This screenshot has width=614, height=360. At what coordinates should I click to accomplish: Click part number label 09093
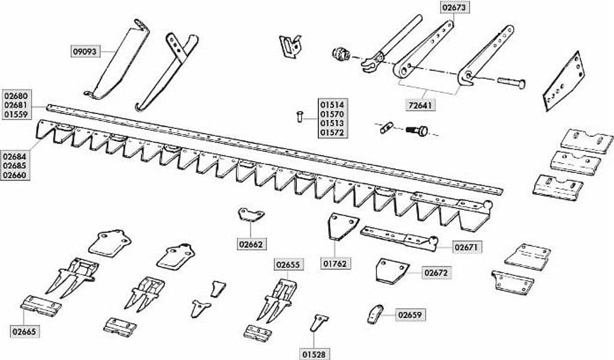click(86, 52)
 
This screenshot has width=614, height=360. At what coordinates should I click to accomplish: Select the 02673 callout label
click(455, 7)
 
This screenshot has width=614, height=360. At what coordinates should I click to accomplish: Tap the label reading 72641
click(420, 106)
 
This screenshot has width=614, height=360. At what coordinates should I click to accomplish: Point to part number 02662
click(251, 244)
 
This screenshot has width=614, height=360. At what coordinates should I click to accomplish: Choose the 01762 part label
click(335, 263)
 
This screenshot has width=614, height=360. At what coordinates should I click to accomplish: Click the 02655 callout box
click(288, 265)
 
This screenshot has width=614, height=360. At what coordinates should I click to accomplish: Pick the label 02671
click(468, 248)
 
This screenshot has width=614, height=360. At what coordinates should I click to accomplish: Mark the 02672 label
click(437, 272)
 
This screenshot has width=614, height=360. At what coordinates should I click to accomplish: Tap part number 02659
click(410, 315)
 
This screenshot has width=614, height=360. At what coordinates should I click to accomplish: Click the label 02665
click(24, 332)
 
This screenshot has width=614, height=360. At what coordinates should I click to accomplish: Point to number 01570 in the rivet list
click(332, 114)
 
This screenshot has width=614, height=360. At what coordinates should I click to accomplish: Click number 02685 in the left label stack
click(15, 166)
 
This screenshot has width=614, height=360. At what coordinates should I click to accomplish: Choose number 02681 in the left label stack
click(15, 105)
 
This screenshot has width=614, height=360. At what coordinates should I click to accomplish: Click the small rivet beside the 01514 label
click(299, 116)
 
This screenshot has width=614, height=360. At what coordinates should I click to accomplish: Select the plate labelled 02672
click(392, 271)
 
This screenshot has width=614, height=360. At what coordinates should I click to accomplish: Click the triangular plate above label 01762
click(342, 226)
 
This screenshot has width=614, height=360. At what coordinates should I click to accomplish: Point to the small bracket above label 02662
click(251, 215)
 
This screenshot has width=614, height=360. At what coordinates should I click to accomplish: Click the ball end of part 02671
click(433, 240)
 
